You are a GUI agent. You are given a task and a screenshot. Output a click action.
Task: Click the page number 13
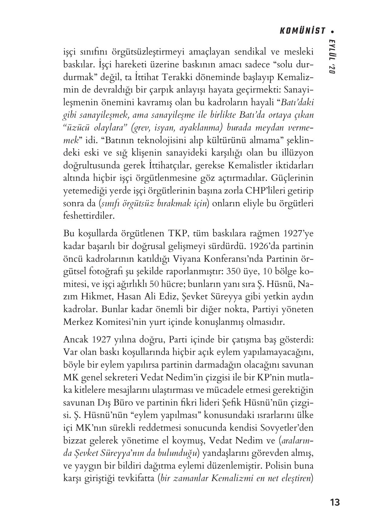pyautogui.click(x=335, y=502)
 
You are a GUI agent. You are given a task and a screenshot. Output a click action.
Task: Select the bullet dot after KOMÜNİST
pyautogui.click(x=333, y=31)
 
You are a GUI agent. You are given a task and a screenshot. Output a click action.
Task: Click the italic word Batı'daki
pyautogui.click(x=297, y=102)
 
